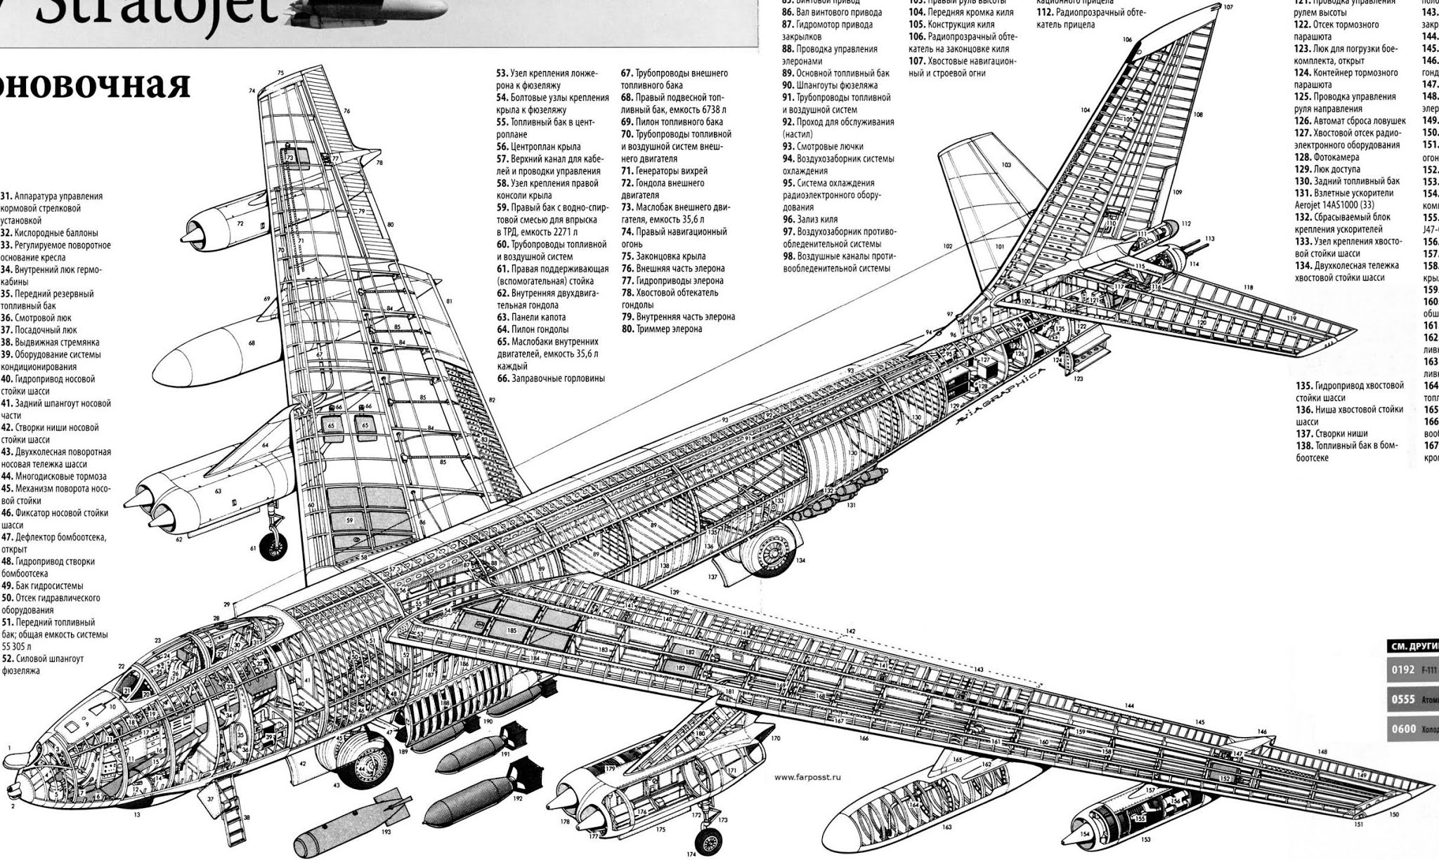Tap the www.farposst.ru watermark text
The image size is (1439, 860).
pos(807,777)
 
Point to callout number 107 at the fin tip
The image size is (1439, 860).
pos(1228,7)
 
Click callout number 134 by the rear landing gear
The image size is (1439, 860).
pos(801,560)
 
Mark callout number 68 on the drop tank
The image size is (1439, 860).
pos(252,343)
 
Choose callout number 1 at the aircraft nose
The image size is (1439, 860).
pos(9,748)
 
